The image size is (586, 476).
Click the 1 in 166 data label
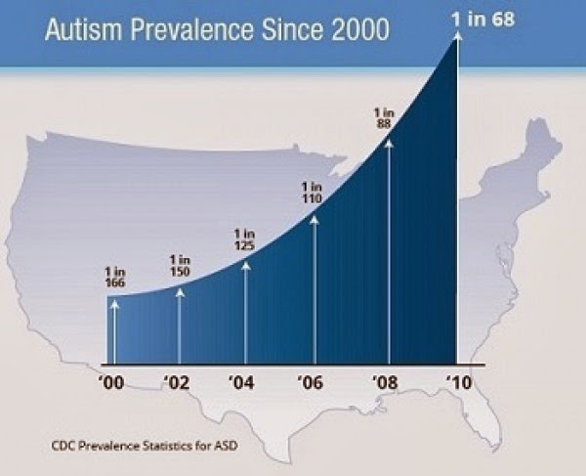[114, 276]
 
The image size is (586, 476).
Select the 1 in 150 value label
[180, 265]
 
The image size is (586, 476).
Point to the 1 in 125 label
[246, 239]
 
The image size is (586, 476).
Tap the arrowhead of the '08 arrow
[389, 143]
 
